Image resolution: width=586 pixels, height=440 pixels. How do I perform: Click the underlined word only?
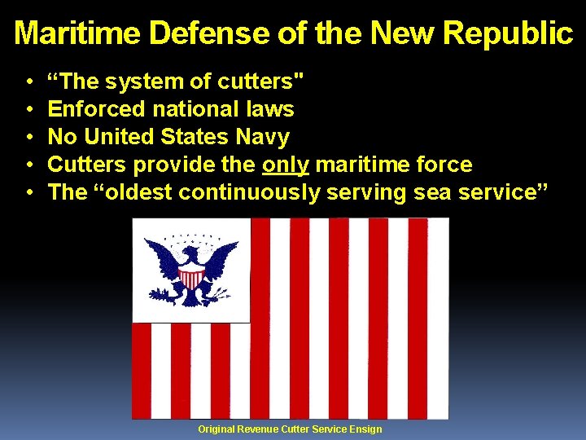[x=286, y=165]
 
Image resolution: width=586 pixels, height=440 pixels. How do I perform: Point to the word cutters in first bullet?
[x=259, y=81]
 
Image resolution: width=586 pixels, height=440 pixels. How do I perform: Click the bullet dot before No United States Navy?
[x=28, y=138]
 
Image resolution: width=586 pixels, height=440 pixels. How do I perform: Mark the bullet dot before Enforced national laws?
[x=28, y=110]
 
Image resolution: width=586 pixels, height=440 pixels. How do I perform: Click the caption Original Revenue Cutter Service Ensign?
[x=290, y=429]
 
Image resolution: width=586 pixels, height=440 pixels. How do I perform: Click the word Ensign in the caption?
[x=365, y=429]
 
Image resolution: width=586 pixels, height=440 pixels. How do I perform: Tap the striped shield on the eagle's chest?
[x=191, y=278]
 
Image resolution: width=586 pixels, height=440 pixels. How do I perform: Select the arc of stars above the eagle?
[x=191, y=237]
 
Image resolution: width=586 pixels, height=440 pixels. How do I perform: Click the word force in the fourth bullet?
[x=444, y=165]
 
